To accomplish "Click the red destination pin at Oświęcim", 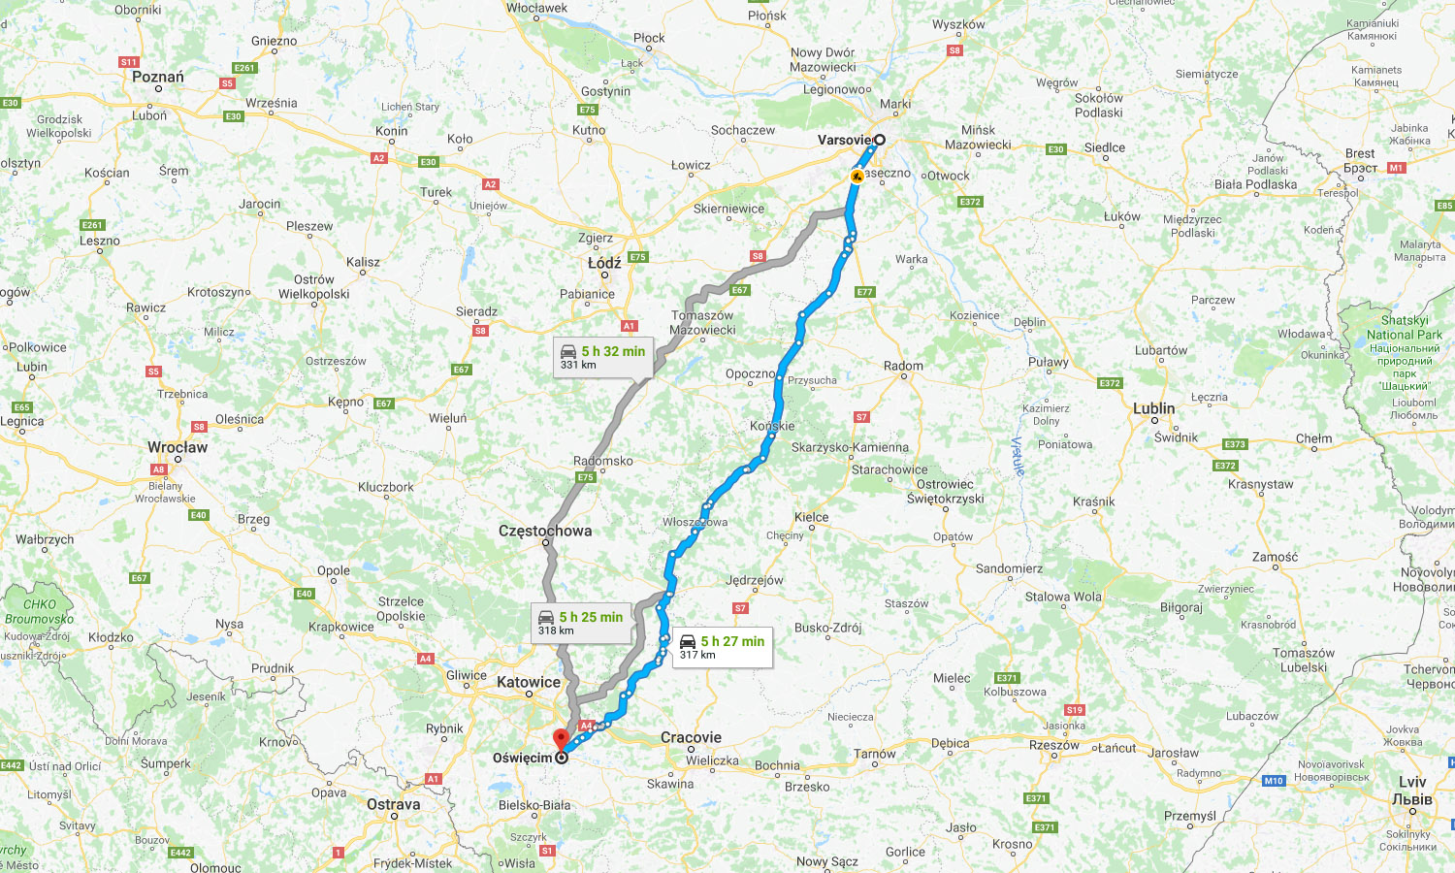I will [x=561, y=740].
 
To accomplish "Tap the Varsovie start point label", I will [x=844, y=140].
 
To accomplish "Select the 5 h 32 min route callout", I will [x=602, y=357].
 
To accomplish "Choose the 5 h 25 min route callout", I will [x=581, y=623].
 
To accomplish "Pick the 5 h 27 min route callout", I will [x=723, y=647].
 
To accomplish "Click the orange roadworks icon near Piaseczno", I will [x=857, y=177].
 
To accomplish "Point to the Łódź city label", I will [x=604, y=263].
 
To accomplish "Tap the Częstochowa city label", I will [x=545, y=531].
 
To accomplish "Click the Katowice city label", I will [x=529, y=682].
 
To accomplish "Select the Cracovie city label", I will [x=691, y=737].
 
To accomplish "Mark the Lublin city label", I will [x=1153, y=408].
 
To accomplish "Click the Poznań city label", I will [x=158, y=77].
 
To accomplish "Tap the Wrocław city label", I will [x=178, y=447].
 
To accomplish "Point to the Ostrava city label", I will [x=394, y=804].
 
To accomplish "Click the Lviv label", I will [x=1412, y=782].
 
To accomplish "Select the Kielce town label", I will [x=811, y=517].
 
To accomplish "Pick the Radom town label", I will [x=903, y=366].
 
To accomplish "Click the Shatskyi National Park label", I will [x=1404, y=328].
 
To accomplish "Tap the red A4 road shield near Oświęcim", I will [x=586, y=726].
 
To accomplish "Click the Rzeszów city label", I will [x=1054, y=745].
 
